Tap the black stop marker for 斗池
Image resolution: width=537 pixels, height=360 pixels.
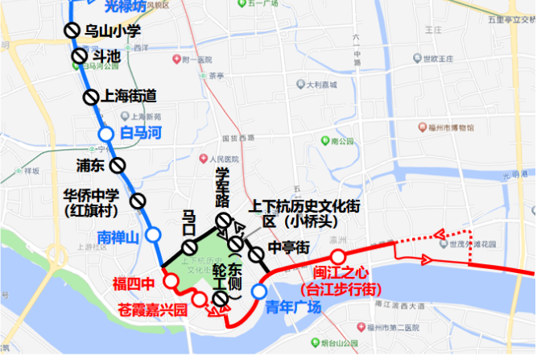click(78, 56)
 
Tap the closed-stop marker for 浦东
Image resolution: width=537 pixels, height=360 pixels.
click(119, 166)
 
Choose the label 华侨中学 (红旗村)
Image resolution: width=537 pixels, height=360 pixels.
click(92, 202)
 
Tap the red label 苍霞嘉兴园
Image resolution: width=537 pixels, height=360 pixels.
click(152, 308)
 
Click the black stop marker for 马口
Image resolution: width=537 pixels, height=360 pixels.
click(189, 247)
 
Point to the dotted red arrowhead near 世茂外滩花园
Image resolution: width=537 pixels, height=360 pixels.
click(439, 234)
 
